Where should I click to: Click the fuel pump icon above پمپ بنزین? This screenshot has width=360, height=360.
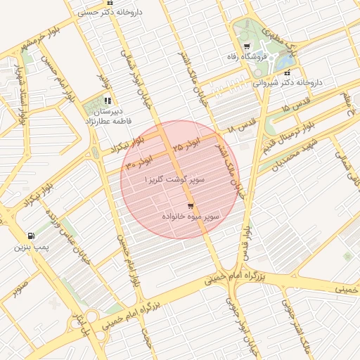(30, 236)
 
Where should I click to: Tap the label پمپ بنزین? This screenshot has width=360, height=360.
(30, 247)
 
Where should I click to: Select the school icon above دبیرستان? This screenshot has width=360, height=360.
(108, 101)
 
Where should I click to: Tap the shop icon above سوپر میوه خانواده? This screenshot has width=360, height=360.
(191, 206)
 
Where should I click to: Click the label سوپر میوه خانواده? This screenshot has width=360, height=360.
(191, 217)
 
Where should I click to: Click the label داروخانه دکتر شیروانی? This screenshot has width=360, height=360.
(288, 82)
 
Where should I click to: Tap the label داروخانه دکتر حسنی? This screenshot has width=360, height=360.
(107, 12)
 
